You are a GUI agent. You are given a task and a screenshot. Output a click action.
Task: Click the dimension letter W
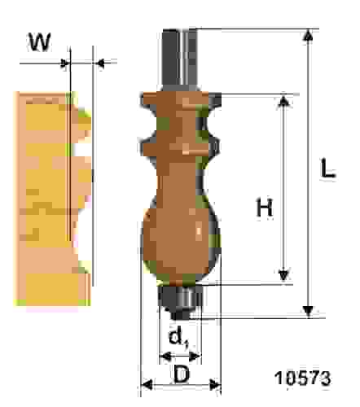click(x=40, y=42)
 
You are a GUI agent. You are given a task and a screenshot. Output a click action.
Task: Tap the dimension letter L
click(x=328, y=168)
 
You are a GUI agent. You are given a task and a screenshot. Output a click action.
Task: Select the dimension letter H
click(x=265, y=208)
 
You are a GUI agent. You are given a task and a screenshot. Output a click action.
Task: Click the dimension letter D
click(x=182, y=374)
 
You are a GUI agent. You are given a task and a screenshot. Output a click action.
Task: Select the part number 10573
click(x=303, y=378)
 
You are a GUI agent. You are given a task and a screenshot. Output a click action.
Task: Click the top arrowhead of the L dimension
click(x=308, y=35)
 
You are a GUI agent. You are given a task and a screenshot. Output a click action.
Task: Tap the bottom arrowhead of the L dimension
click(x=308, y=311)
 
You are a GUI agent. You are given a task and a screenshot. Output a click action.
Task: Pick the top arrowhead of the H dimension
click(x=283, y=102)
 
